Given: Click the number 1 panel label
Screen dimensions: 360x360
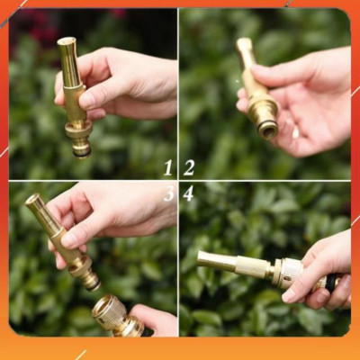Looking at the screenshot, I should [167, 167].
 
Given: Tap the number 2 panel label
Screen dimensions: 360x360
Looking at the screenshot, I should [189, 167].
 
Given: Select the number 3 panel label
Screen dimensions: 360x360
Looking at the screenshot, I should [168, 193].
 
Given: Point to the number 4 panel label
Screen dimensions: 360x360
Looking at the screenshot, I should [188, 193].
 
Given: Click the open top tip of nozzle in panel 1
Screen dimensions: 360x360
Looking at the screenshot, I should [66, 41].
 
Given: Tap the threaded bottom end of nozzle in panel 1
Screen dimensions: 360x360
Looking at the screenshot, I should [82, 148].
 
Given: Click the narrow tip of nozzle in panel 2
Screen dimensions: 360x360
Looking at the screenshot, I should [244, 42].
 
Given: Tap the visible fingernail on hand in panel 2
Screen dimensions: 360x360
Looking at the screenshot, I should [295, 131].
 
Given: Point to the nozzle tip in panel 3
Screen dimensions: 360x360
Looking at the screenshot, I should [33, 201].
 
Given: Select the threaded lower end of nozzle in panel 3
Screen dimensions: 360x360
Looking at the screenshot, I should [87, 280].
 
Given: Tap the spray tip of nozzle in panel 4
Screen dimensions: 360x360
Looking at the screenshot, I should [202, 260].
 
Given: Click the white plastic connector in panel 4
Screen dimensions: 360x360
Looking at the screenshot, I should [287, 272].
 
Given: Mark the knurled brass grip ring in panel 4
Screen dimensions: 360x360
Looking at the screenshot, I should [252, 267].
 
